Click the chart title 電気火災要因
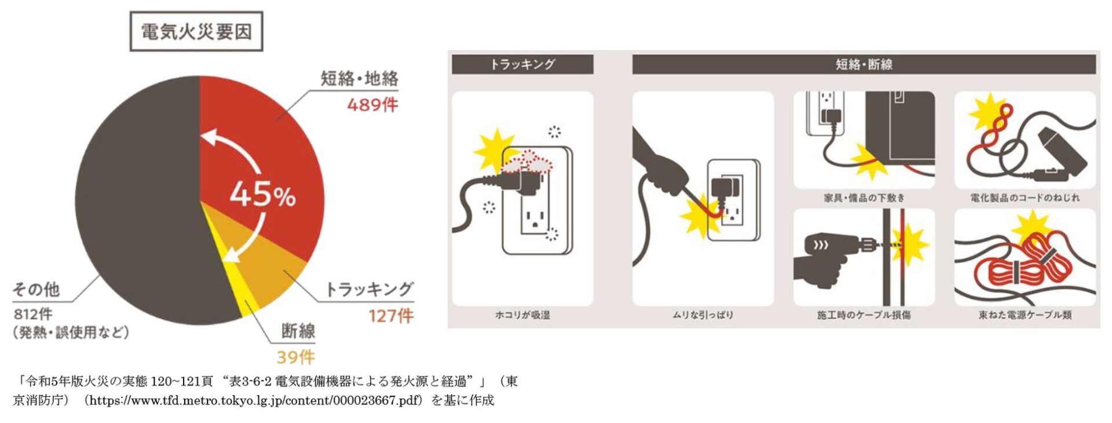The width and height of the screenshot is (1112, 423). tap(196, 31)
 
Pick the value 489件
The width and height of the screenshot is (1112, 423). tap(372, 105)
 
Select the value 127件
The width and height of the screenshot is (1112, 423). tap(391, 316)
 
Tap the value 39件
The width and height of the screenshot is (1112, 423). tap(295, 357)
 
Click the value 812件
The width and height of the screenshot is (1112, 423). tap(33, 314)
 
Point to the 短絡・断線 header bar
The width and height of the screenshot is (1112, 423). tap(864, 64)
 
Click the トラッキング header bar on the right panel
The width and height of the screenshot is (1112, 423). tap(522, 64)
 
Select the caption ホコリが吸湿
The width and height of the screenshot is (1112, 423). tap(522, 315)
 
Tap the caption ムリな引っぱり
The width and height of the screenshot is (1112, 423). tap(703, 315)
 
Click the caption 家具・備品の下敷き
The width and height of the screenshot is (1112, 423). tap(864, 198)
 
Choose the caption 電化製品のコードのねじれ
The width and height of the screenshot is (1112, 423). tap(1025, 198)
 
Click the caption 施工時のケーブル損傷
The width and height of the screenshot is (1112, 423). tap(864, 315)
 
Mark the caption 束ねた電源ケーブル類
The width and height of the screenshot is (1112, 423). tap(1025, 315)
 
